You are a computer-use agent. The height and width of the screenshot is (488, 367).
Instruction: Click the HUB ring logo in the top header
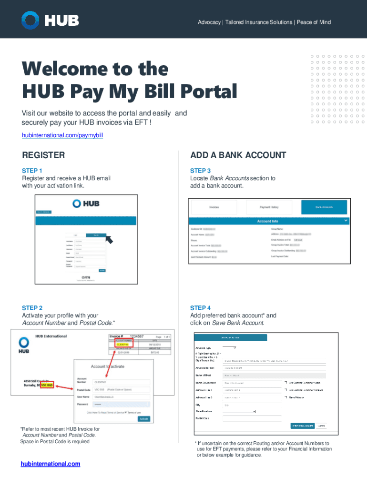pyautogui.click(x=30, y=20)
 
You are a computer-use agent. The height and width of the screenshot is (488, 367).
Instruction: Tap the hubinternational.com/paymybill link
pyautogui.click(x=62, y=136)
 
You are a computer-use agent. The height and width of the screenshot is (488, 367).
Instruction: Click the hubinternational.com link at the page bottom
pyautogui.click(x=50, y=464)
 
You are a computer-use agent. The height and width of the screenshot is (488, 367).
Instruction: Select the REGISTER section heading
pyautogui.click(x=43, y=155)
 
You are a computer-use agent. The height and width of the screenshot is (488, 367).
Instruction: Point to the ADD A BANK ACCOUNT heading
pyautogui.click(x=238, y=155)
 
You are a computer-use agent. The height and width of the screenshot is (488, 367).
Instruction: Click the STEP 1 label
pyautogui.click(x=32, y=171)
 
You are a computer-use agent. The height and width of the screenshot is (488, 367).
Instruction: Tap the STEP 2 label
pyautogui.click(x=32, y=308)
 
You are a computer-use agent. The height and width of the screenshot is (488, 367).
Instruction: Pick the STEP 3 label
pyautogui.click(x=200, y=171)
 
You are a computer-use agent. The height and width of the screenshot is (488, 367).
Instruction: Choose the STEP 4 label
pyautogui.click(x=200, y=308)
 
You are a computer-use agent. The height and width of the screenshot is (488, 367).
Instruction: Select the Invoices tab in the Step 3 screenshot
pyautogui.click(x=214, y=207)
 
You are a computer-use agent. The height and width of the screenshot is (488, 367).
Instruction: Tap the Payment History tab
pyautogui.click(x=269, y=207)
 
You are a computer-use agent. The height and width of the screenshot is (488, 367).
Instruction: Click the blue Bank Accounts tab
pyautogui.click(x=324, y=207)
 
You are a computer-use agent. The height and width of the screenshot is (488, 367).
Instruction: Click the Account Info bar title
pyautogui.click(x=267, y=221)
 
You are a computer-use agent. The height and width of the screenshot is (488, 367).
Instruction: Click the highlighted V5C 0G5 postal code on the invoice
pyautogui.click(x=47, y=385)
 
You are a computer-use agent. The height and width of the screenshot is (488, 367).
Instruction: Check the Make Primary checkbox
pyautogui.click(x=285, y=396)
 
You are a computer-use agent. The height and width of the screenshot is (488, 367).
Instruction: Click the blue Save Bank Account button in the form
pyautogui.click(x=302, y=425)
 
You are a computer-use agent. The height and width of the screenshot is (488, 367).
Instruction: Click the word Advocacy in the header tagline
pyautogui.click(x=209, y=22)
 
